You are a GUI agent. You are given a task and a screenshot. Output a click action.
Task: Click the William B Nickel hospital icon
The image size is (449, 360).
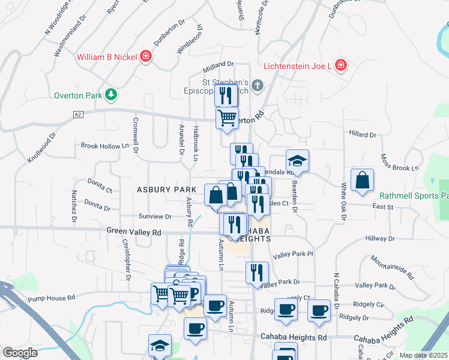point(146,58)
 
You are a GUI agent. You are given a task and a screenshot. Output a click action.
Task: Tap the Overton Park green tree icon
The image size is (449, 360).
point(110,94)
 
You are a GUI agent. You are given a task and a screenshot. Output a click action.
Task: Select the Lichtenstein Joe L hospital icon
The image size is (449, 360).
point(340,65)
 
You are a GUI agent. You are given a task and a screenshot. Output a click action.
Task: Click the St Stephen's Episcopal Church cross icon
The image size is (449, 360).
point(257,85)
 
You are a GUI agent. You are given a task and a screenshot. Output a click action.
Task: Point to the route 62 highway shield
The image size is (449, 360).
point(78,114)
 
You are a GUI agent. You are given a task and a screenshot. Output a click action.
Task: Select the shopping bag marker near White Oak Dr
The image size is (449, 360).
point(363,180)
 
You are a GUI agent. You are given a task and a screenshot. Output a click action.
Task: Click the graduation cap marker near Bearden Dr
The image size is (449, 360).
point(297,161)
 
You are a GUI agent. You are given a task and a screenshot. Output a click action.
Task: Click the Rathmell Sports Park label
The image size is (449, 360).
point(414,196)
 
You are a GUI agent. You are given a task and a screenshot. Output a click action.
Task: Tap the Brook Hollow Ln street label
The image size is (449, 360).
point(105,146)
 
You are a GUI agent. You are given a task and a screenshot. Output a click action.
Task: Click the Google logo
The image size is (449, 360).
point(20,353)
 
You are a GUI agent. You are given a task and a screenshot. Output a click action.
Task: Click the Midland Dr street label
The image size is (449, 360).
point(218,64)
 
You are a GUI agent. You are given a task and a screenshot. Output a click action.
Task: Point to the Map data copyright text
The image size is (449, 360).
point(423,355)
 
